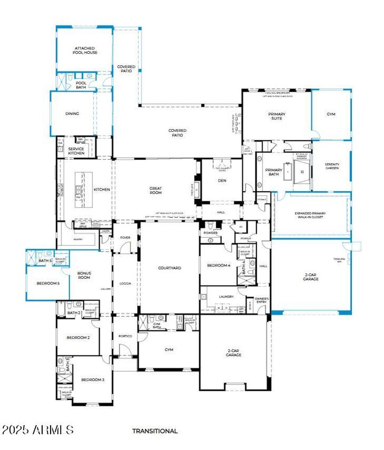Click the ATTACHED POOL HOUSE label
click(85, 51)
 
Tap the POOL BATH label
click(81, 85)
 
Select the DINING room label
click(72, 114)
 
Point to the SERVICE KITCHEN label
click(76, 151)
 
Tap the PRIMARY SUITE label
click(276, 116)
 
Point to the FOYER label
click(125, 238)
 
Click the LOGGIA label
click(125, 283)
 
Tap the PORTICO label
click(125, 336)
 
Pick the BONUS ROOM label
click(84, 275)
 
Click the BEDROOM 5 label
click(48, 283)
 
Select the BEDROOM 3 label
click(92, 380)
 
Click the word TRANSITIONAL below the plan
click(155, 431)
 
